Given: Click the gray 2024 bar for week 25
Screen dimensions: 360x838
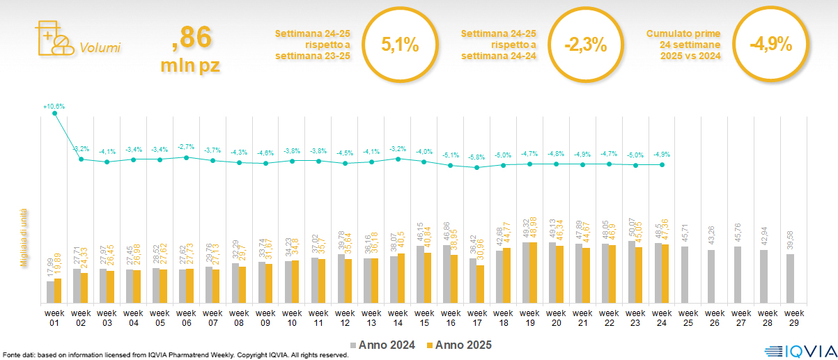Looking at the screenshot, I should (685, 275).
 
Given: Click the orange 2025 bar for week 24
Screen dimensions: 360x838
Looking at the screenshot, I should (665, 274).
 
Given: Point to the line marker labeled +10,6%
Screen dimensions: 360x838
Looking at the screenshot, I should (54, 114).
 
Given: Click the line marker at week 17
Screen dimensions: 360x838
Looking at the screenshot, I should (476, 167).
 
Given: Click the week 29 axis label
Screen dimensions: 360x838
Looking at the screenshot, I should (791, 317).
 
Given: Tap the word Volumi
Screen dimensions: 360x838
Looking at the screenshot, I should (100, 48).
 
